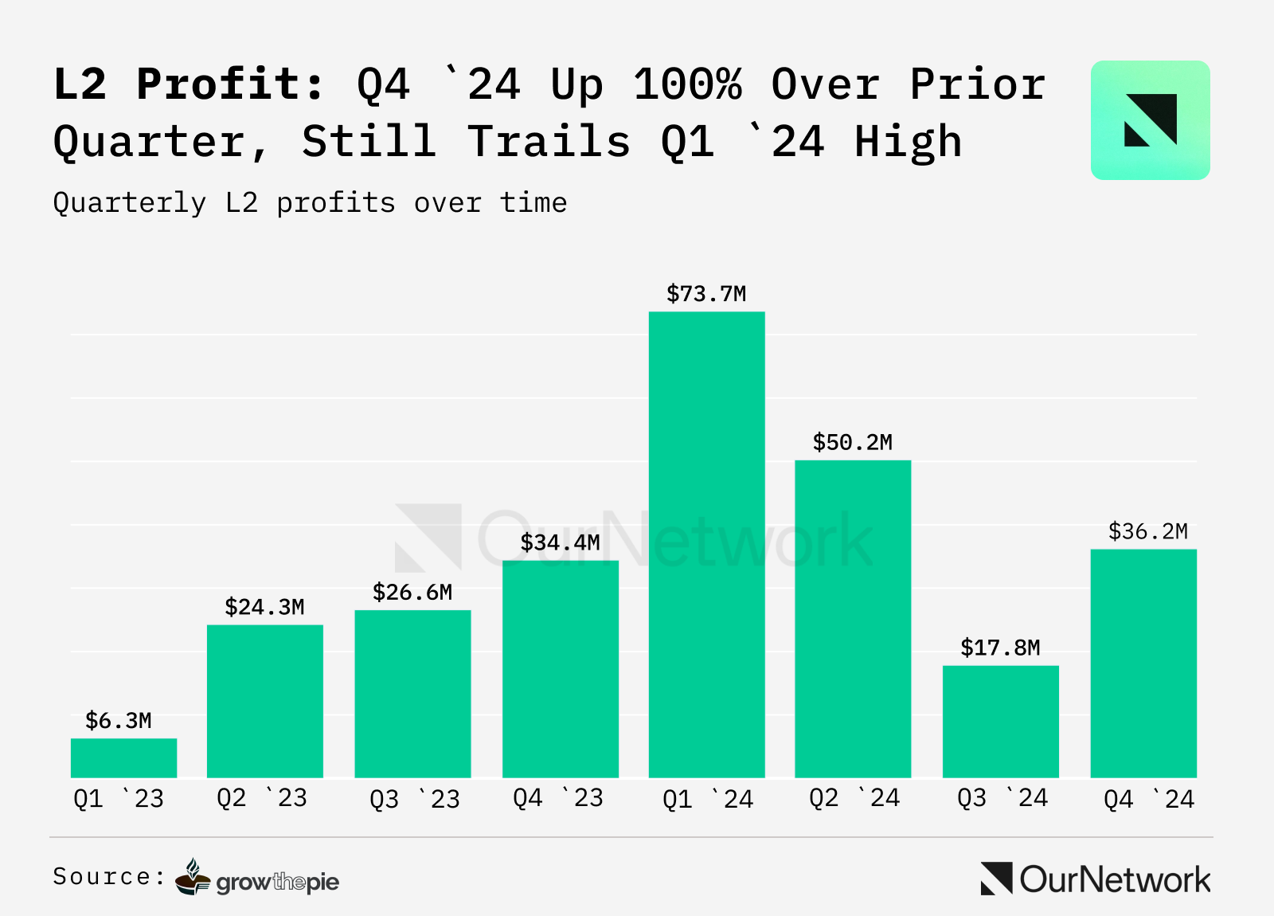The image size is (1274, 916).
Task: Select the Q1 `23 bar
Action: pyautogui.click(x=123, y=757)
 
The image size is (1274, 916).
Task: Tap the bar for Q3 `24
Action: pyautogui.click(x=1000, y=721)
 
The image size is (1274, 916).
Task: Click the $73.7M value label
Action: pyautogui.click(x=706, y=294)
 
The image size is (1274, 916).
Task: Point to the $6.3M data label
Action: pyautogui.click(x=119, y=721)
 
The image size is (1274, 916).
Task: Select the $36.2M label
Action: pyautogui.click(x=1147, y=531)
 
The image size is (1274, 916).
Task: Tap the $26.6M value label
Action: pyautogui.click(x=412, y=593)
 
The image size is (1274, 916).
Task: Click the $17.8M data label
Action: pyautogui.click(x=1000, y=648)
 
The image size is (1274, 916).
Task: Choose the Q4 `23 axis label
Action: pyautogui.click(x=558, y=798)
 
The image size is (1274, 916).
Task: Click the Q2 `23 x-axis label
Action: pyautogui.click(x=262, y=798)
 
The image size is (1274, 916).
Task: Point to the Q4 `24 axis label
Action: pyautogui.click(x=1149, y=799)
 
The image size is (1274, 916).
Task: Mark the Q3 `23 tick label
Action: pyautogui.click(x=415, y=799)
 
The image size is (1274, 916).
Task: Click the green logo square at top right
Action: pyautogui.click(x=1150, y=120)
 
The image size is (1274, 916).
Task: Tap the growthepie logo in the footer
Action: pyautogui.click(x=258, y=878)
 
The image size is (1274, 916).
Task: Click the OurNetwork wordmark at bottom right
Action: pyautogui.click(x=1096, y=879)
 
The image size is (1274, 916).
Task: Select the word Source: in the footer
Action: pyautogui.click(x=109, y=877)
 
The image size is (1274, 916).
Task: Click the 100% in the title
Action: pyautogui.click(x=688, y=84)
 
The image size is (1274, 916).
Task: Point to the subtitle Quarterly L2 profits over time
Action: pyautogui.click(x=310, y=203)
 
